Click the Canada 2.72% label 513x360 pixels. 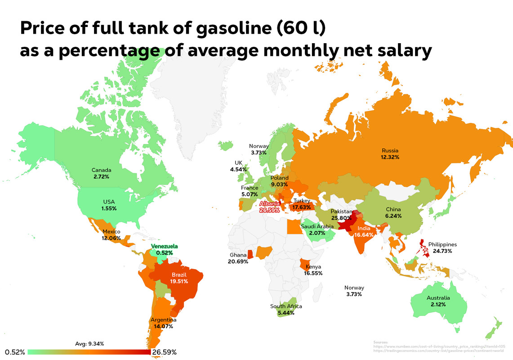pyautogui.click(x=102, y=173)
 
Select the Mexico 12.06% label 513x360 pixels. pyautogui.click(x=112, y=234)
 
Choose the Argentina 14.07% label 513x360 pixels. pyautogui.click(x=164, y=323)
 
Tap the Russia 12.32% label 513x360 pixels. pyautogui.click(x=390, y=154)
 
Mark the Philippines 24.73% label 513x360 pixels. pyautogui.click(x=443, y=247)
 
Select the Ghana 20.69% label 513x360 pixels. pyautogui.click(x=238, y=258)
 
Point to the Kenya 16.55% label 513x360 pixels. pyautogui.click(x=313, y=270)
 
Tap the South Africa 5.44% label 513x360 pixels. pyautogui.click(x=286, y=309)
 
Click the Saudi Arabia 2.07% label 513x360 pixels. pyautogui.click(x=317, y=229)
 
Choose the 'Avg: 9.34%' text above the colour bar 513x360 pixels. pyautogui.click(x=89, y=343)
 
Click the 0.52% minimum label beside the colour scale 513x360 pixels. pyautogui.click(x=15, y=352)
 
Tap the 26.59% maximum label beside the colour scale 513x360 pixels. pyautogui.click(x=164, y=352)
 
